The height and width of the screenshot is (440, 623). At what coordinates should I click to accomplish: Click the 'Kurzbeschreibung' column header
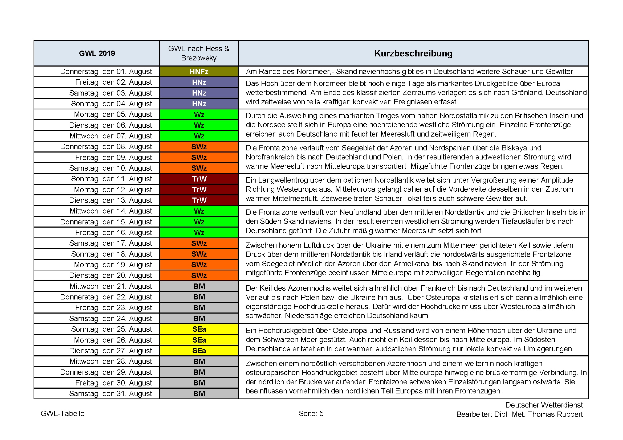point(413,54)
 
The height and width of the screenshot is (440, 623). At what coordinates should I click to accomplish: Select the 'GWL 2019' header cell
point(97,54)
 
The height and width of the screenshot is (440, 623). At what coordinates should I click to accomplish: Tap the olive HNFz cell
point(199,72)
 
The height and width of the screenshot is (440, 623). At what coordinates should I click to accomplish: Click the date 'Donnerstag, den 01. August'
point(106,72)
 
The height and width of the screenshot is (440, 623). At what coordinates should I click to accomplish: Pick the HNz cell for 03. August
point(199,93)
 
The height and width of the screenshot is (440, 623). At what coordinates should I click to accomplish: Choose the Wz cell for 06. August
point(199,125)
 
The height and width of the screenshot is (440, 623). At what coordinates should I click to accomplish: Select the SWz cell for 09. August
point(199,158)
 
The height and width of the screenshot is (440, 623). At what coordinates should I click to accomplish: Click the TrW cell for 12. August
point(199,190)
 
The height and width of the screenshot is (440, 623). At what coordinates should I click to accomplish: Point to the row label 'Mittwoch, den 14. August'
point(111,211)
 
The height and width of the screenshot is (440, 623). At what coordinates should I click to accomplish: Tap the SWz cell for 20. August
point(199,276)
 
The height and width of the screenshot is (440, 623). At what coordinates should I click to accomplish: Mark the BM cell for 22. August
point(199,297)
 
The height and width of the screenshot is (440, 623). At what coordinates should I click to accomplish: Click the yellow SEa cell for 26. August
point(199,340)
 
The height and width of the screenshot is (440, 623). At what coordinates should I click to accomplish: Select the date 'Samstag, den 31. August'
point(111,394)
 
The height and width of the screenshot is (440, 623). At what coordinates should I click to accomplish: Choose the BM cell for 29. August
point(199,372)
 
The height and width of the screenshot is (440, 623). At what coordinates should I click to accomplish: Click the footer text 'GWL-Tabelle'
point(62,414)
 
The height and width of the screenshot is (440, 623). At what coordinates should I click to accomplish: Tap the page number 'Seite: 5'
point(311,414)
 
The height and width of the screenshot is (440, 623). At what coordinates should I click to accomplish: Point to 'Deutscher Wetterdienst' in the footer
point(544,405)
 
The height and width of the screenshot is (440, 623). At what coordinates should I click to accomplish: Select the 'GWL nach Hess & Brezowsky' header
point(199,53)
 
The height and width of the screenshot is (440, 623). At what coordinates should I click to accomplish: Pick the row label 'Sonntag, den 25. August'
point(111,329)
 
